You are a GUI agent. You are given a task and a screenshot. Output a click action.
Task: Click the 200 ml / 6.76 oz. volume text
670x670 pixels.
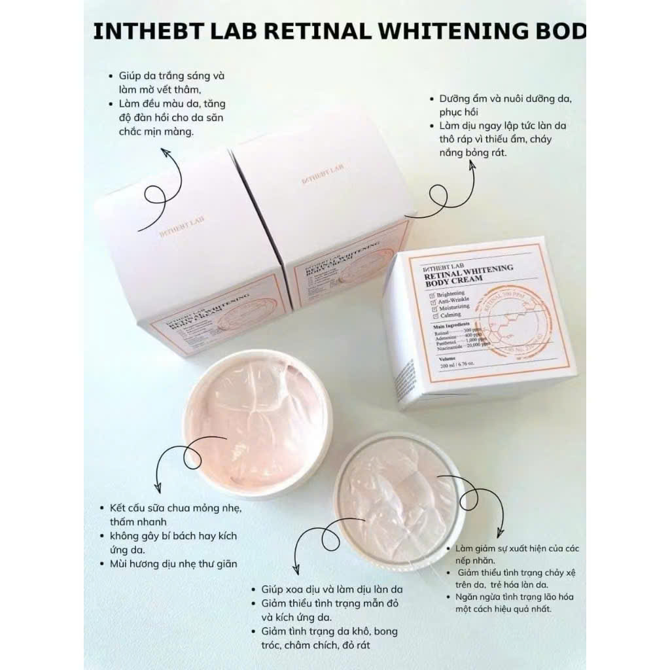point(448,366)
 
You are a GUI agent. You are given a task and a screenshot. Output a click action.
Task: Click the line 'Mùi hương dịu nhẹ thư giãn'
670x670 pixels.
point(169,563)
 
